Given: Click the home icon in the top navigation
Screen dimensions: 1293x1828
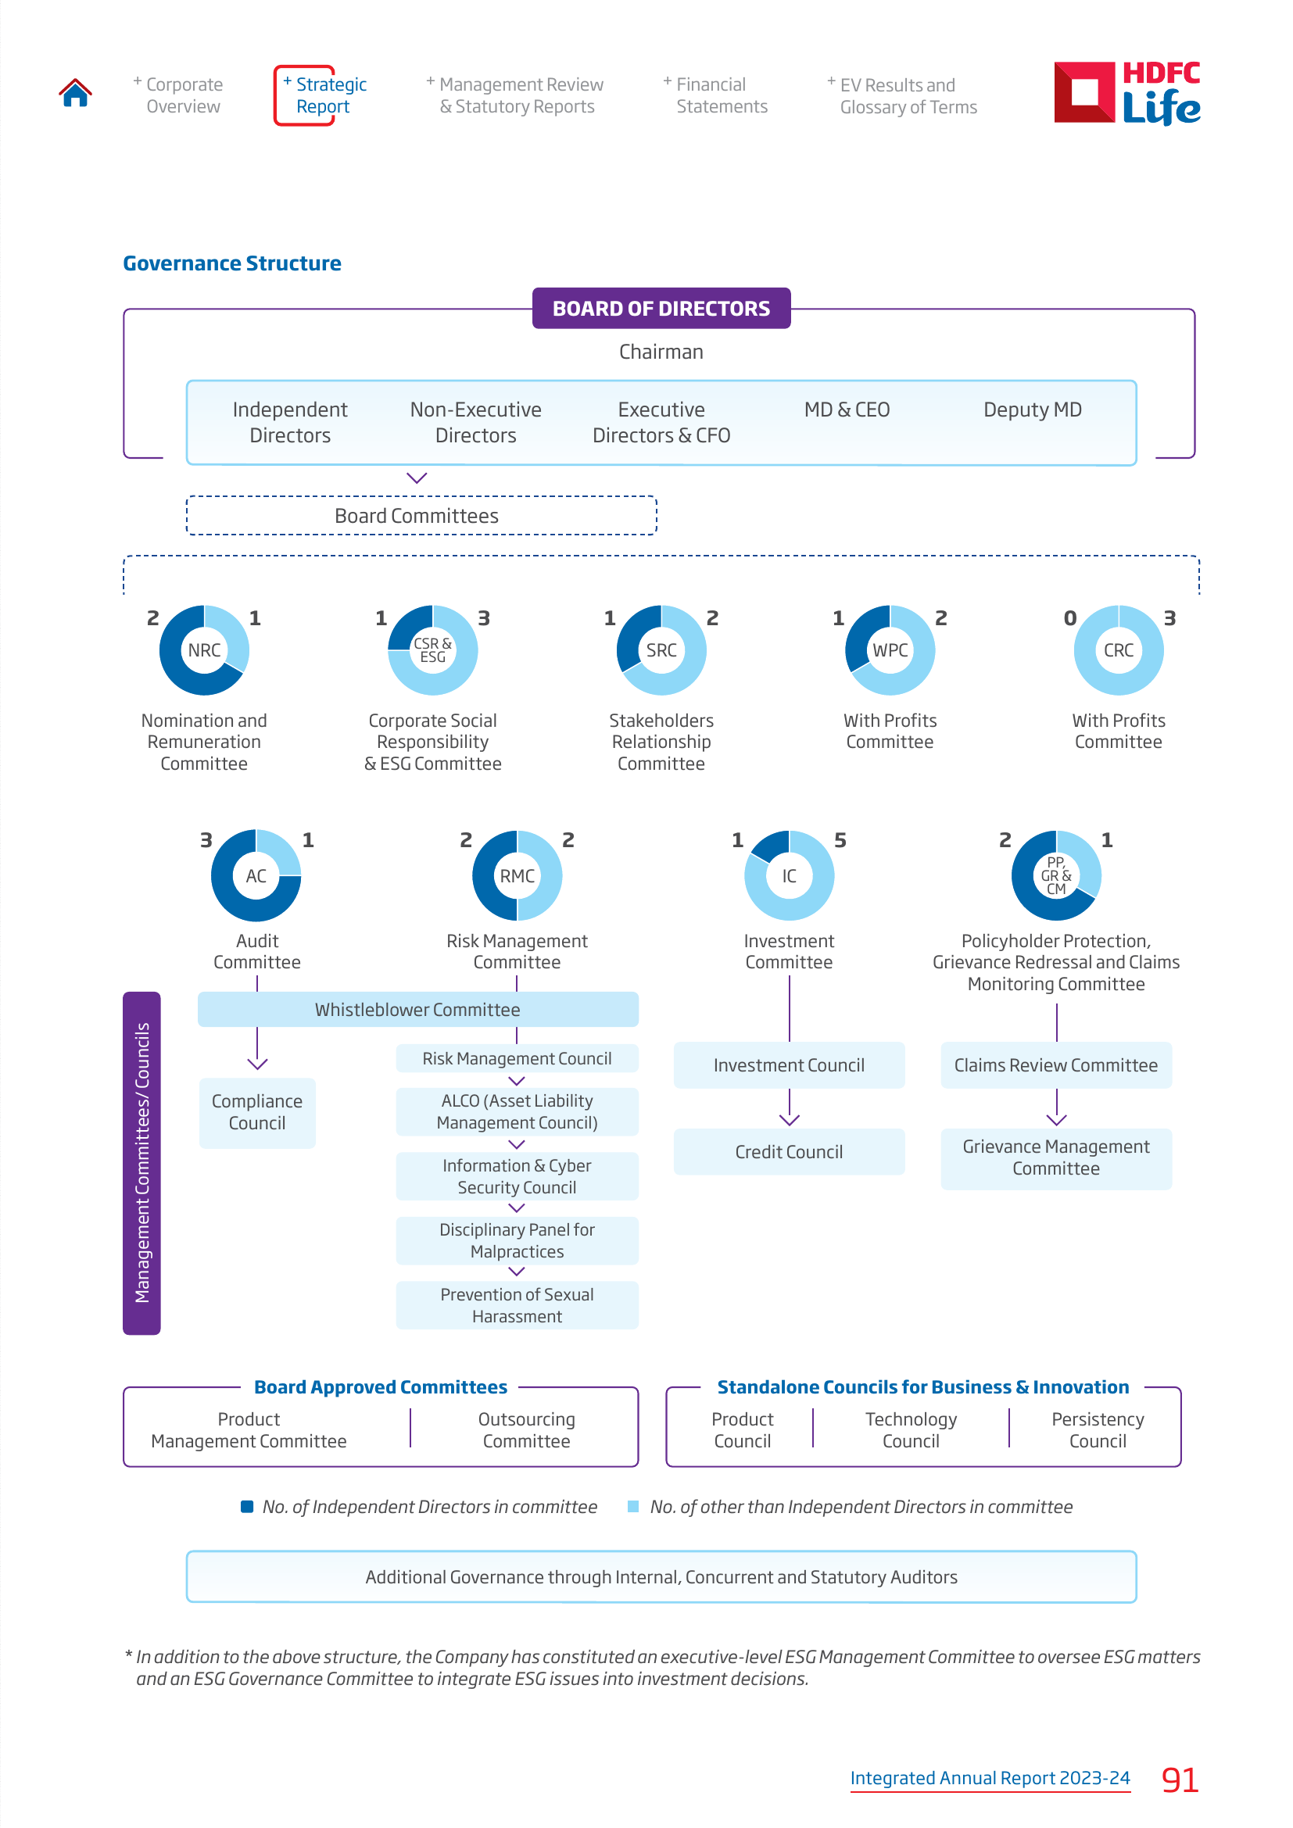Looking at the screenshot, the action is (75, 93).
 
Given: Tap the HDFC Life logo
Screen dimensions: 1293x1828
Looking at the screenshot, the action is (1126, 93).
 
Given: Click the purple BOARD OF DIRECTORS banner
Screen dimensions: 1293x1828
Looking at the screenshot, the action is (661, 308).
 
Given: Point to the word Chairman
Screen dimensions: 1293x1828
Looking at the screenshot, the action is (661, 352).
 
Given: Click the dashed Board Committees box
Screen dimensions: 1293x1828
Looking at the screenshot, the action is (421, 516).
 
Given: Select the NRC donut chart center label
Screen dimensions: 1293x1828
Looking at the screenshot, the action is (204, 650).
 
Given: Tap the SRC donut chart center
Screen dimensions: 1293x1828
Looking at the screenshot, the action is (661, 650).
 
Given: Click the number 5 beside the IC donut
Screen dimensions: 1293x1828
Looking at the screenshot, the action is (840, 840).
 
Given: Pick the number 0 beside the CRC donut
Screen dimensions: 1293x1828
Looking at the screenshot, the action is (1070, 618).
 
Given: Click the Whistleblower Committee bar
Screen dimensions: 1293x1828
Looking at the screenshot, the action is (418, 1010).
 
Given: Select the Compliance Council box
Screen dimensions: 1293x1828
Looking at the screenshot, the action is (257, 1112).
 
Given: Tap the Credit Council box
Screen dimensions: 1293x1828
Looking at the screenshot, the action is (789, 1151).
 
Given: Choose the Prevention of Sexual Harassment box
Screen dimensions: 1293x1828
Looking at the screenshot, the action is (517, 1305).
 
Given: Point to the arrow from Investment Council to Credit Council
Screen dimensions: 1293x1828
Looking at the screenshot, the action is (789, 1107).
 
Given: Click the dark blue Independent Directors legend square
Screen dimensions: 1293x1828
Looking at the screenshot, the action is (247, 1506).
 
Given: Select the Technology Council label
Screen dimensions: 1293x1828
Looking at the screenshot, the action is (911, 1430).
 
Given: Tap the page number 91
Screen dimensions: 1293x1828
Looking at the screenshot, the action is (1180, 1780).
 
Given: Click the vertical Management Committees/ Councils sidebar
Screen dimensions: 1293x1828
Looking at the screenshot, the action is (141, 1163).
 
